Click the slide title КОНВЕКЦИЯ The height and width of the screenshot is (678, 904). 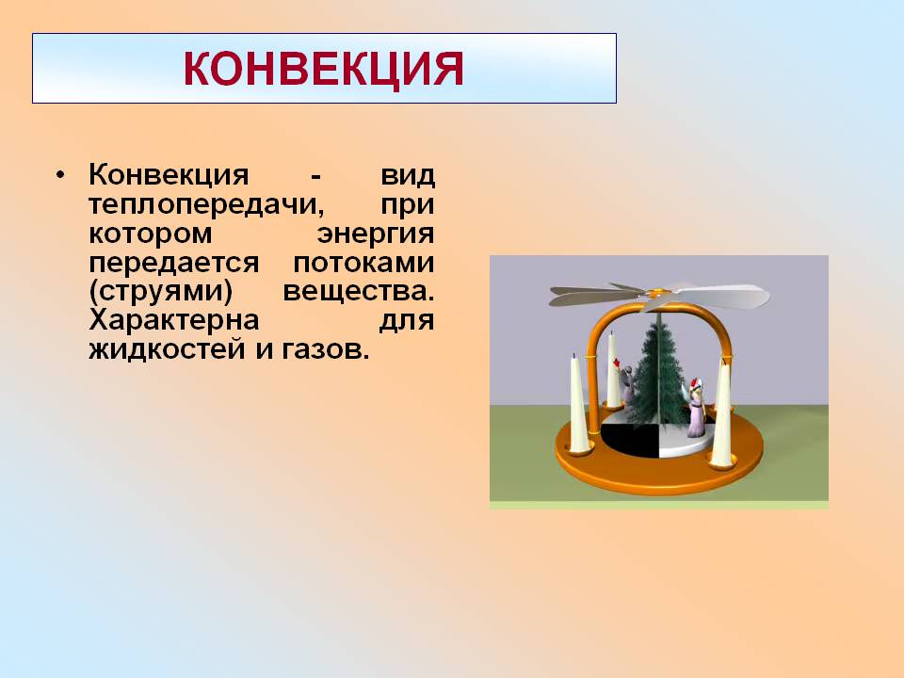(x=323, y=69)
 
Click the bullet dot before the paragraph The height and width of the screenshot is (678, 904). (x=60, y=175)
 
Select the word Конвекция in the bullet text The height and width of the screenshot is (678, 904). (x=169, y=175)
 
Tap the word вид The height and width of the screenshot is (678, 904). (x=407, y=175)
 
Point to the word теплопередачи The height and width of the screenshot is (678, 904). (x=206, y=205)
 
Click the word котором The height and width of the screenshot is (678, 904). (x=151, y=234)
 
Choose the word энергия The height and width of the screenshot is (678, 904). (x=376, y=234)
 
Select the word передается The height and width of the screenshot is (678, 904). (x=174, y=263)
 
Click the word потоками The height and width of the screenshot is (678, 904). (x=363, y=263)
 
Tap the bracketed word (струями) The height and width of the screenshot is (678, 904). (x=161, y=292)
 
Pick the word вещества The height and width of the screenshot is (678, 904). (x=358, y=291)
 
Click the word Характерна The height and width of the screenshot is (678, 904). (x=174, y=320)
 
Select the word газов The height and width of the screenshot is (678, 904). (x=325, y=349)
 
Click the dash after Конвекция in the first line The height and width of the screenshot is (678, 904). (x=315, y=176)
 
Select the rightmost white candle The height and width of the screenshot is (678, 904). (x=721, y=412)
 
